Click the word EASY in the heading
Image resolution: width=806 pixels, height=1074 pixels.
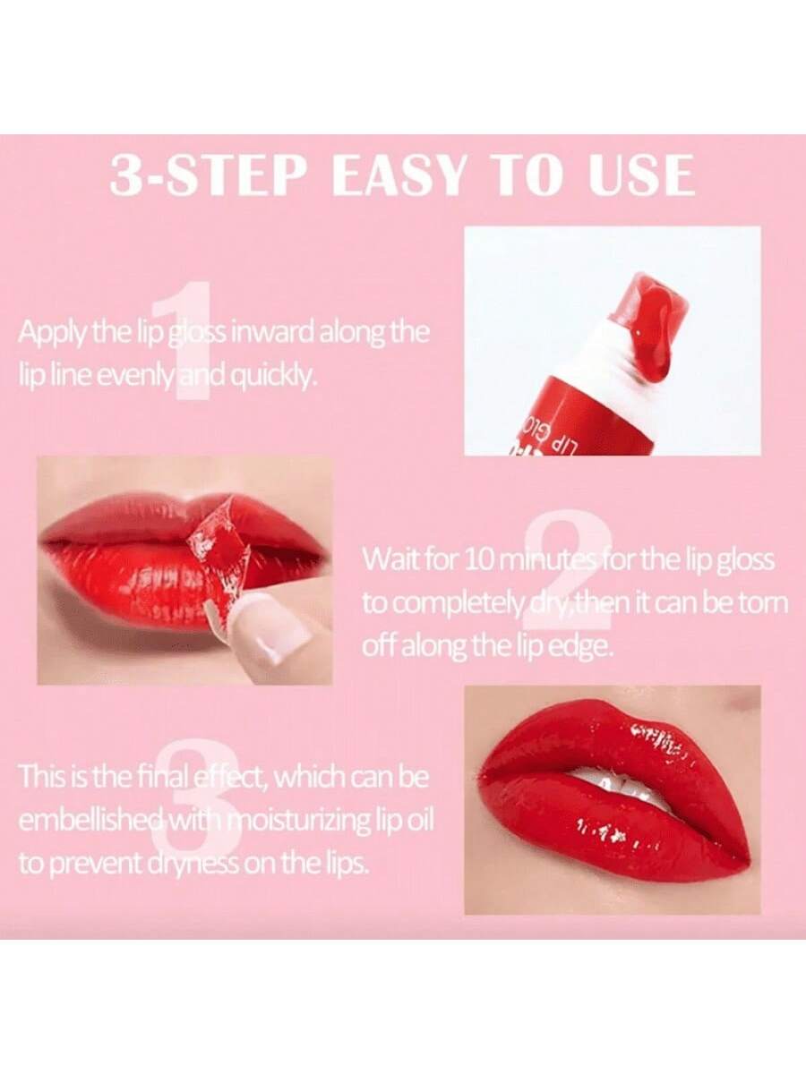[x=401, y=175]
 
